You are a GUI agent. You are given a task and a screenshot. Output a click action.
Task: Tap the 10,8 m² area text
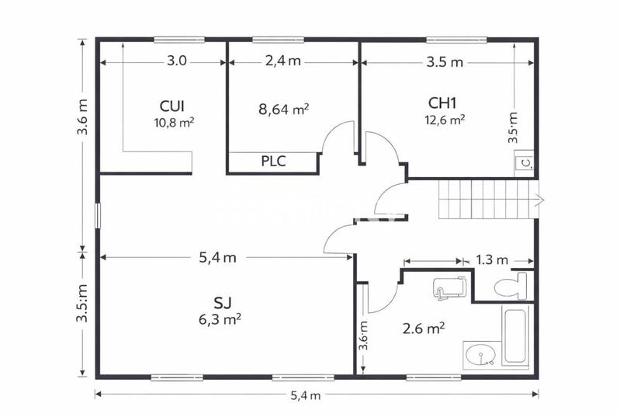pos(175,121)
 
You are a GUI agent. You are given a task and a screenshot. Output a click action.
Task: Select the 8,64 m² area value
pos(284,110)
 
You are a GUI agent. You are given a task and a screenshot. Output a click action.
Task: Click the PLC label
pos(272,162)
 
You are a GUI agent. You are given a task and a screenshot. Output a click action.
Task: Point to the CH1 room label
pos(443,103)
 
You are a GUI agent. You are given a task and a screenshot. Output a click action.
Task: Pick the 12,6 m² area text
pos(445,120)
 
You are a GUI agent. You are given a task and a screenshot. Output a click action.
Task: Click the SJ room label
pos(223,301)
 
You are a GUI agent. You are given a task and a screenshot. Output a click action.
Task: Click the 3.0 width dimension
pos(177,61)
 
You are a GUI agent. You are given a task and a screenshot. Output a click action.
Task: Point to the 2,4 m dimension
pos(282,61)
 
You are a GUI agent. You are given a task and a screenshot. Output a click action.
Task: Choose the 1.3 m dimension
pos(492,260)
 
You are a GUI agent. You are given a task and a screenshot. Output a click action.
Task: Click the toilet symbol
pos(512,285)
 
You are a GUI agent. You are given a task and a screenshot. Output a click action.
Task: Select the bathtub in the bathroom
pos(515,337)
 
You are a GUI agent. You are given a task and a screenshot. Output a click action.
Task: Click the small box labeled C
pos(525,162)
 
